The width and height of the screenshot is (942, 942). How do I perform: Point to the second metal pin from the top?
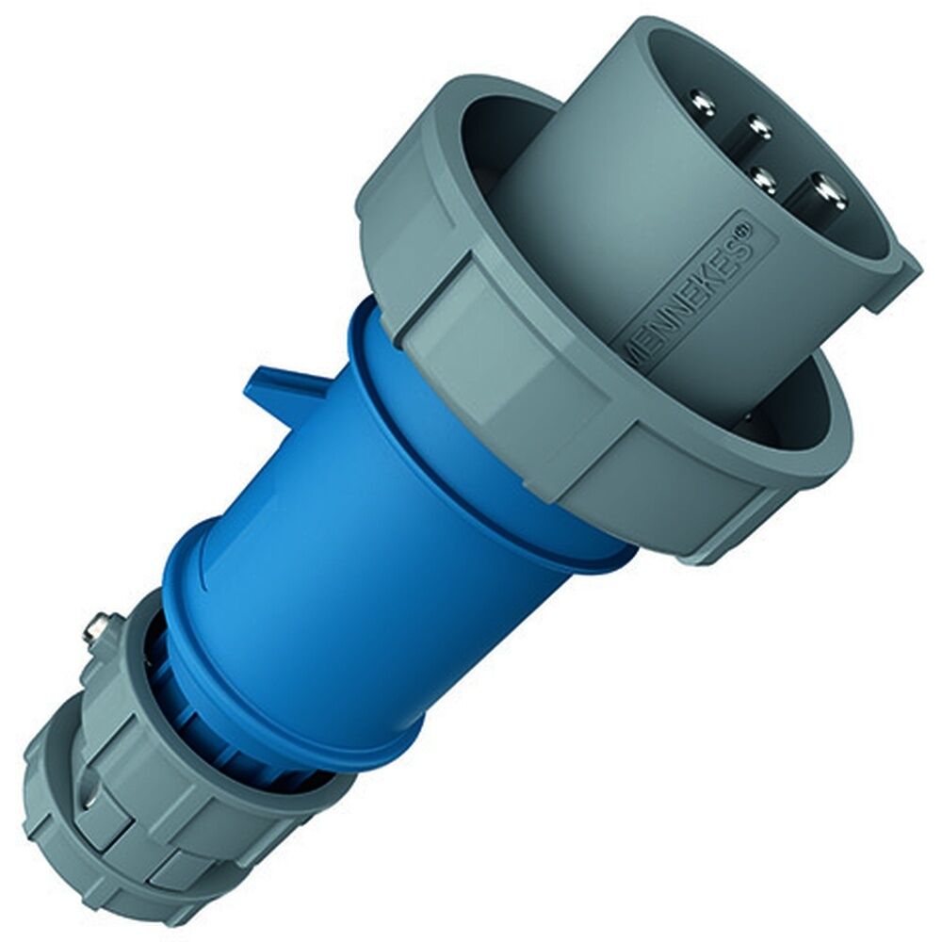point(755,125)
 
